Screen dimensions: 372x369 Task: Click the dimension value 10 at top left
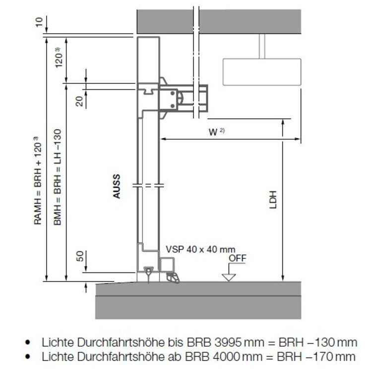[x=39, y=22]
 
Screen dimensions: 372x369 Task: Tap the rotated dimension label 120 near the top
[x=59, y=58]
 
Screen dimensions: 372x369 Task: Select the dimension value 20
[x=79, y=101]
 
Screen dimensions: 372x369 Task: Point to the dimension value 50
[x=80, y=256]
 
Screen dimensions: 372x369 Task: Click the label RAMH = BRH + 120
[x=38, y=181]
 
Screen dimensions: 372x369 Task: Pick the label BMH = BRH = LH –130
[x=58, y=177]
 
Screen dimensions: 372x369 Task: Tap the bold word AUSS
[x=117, y=186]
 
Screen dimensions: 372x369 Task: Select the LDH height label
[x=273, y=199]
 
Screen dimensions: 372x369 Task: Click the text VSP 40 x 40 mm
[x=200, y=249]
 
